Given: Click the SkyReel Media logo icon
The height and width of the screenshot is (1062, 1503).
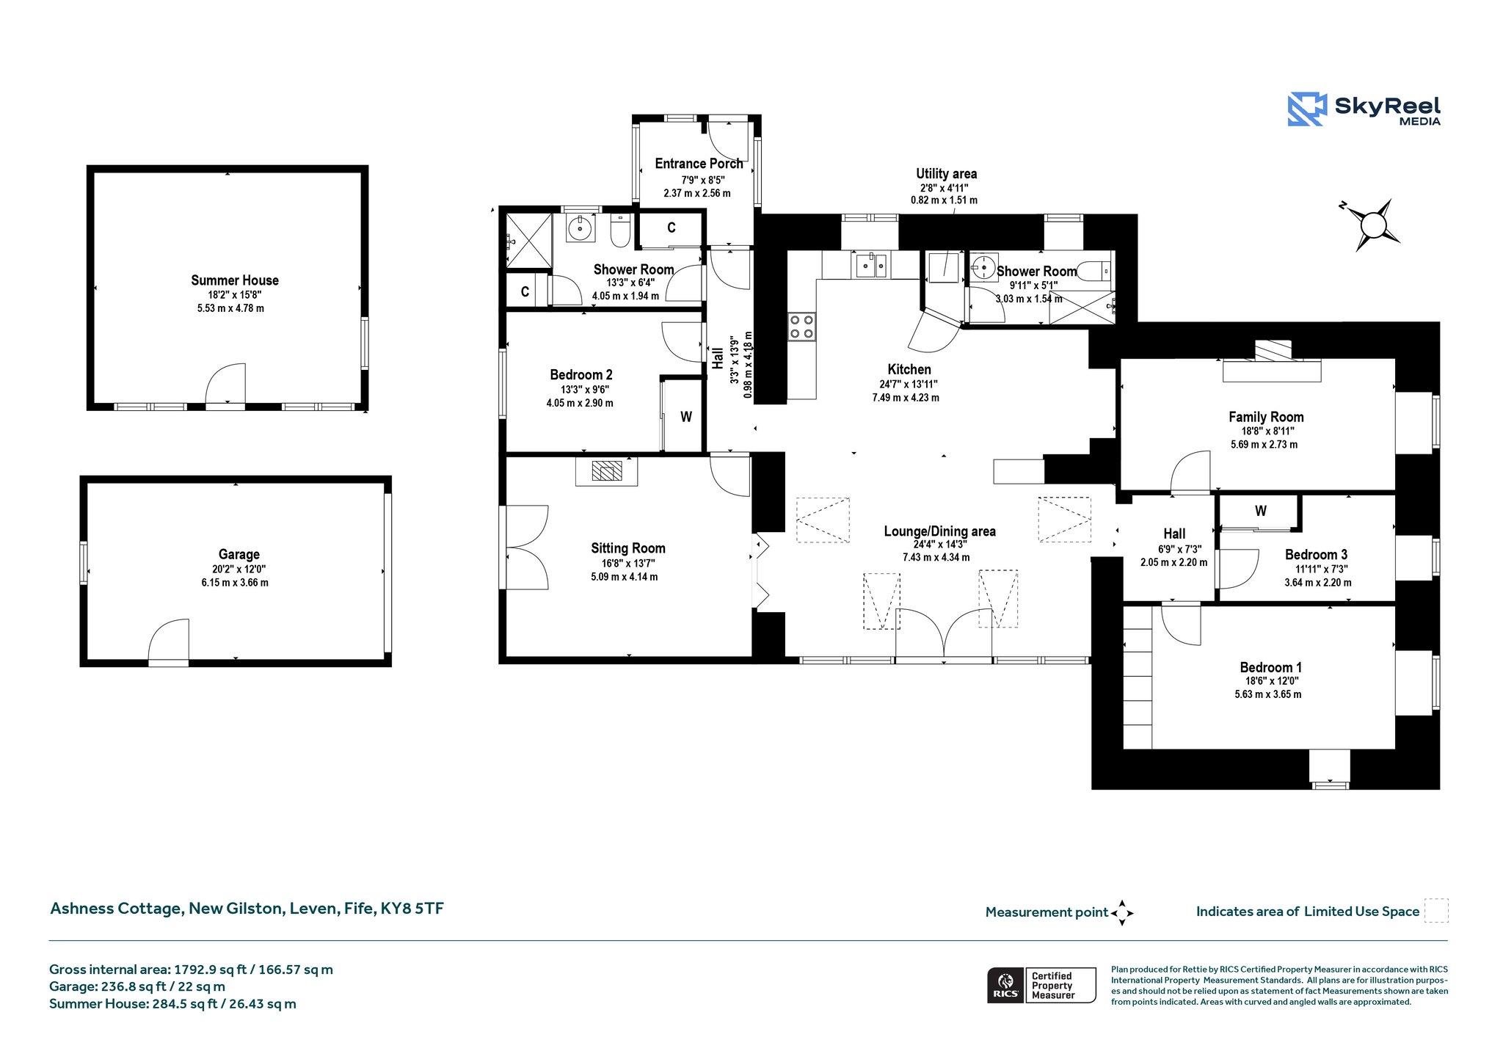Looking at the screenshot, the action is [x=1307, y=109].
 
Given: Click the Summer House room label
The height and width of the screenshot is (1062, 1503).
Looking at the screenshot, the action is [x=235, y=280].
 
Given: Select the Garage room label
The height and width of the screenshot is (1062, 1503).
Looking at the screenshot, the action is [x=239, y=555].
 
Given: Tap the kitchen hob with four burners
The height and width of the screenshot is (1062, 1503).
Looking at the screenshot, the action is [x=801, y=327].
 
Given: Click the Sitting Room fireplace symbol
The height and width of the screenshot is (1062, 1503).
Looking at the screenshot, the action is [x=606, y=470].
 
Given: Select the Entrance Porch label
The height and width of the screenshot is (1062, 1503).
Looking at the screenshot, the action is [x=699, y=164].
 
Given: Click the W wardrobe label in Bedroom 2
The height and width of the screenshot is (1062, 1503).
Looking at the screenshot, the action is [x=686, y=417].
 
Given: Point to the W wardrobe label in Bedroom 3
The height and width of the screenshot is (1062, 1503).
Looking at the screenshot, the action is [x=1261, y=511].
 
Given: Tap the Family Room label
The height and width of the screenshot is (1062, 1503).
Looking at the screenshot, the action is [x=1266, y=417].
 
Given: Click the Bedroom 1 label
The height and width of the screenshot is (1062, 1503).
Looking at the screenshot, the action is [x=1271, y=667].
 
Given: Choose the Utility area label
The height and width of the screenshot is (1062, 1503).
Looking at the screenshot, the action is [x=946, y=174].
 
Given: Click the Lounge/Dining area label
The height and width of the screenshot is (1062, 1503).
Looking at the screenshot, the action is [x=939, y=531].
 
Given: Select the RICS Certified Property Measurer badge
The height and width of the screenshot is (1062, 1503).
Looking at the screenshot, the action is [x=1041, y=985].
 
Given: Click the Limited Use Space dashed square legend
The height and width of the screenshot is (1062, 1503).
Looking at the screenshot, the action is [x=1436, y=911].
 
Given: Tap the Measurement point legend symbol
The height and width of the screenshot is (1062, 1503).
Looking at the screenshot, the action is [x=1122, y=913].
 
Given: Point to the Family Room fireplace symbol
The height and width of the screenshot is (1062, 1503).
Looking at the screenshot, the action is [x=1272, y=361].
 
